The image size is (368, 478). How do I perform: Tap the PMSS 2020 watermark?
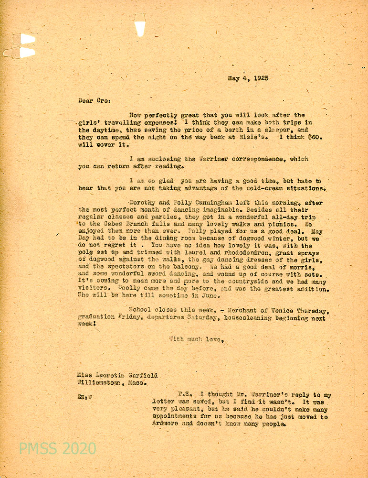click(58, 449)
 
